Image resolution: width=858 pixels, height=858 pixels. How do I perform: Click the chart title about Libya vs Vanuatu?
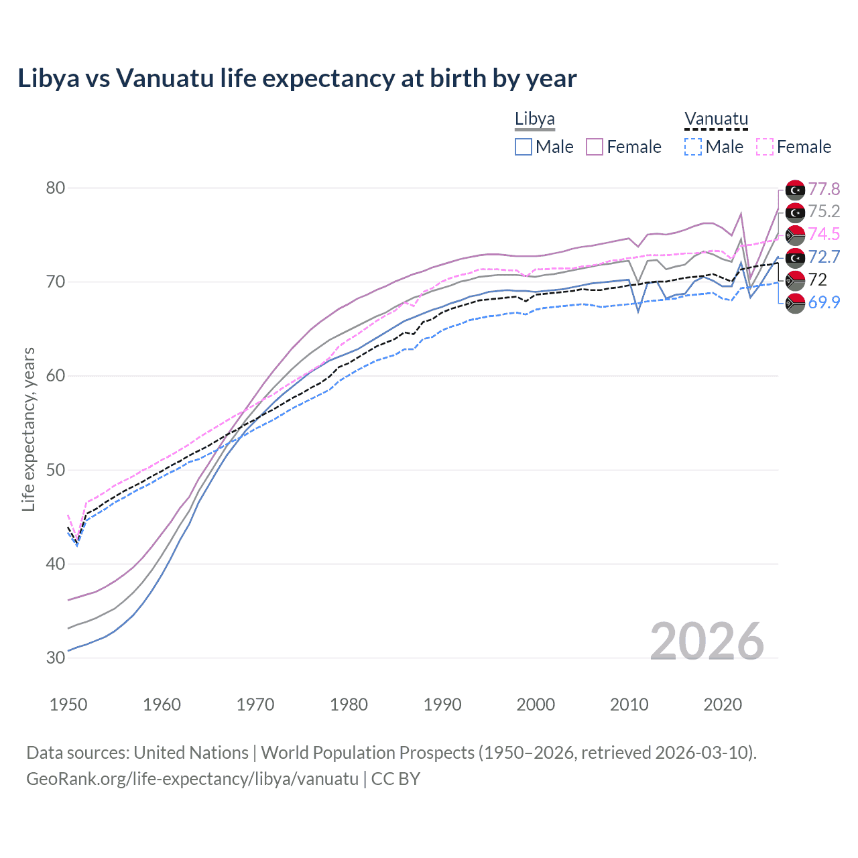click(297, 78)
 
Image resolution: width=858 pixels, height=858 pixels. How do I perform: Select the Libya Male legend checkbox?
click(524, 147)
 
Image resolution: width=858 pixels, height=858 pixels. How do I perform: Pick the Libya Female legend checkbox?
click(595, 147)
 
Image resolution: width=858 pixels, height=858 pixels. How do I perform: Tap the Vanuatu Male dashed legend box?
click(693, 147)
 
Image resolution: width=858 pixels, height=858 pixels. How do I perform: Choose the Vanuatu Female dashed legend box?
click(764, 147)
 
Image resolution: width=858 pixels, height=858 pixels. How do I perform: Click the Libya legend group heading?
click(534, 119)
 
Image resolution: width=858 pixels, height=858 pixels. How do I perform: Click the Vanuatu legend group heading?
click(716, 119)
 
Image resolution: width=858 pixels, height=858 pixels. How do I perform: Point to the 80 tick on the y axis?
click(56, 188)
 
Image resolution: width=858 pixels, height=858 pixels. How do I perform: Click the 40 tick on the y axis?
click(56, 564)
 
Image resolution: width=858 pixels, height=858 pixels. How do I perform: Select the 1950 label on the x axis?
click(68, 704)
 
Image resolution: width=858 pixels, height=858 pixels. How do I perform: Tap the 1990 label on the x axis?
click(442, 704)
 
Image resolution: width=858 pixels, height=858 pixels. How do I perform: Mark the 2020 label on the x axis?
click(723, 704)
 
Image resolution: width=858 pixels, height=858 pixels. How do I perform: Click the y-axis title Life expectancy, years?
click(28, 429)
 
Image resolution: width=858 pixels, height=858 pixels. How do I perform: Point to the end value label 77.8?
click(824, 190)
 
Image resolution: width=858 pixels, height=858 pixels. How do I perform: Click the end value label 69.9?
click(824, 302)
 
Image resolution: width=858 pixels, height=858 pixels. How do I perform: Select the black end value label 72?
click(817, 280)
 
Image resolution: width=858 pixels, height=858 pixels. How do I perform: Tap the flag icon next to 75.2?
click(795, 212)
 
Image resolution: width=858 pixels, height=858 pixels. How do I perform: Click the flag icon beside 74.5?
click(795, 235)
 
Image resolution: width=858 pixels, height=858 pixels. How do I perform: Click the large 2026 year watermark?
click(707, 641)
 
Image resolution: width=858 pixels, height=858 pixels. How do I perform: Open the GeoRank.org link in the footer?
click(192, 779)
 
